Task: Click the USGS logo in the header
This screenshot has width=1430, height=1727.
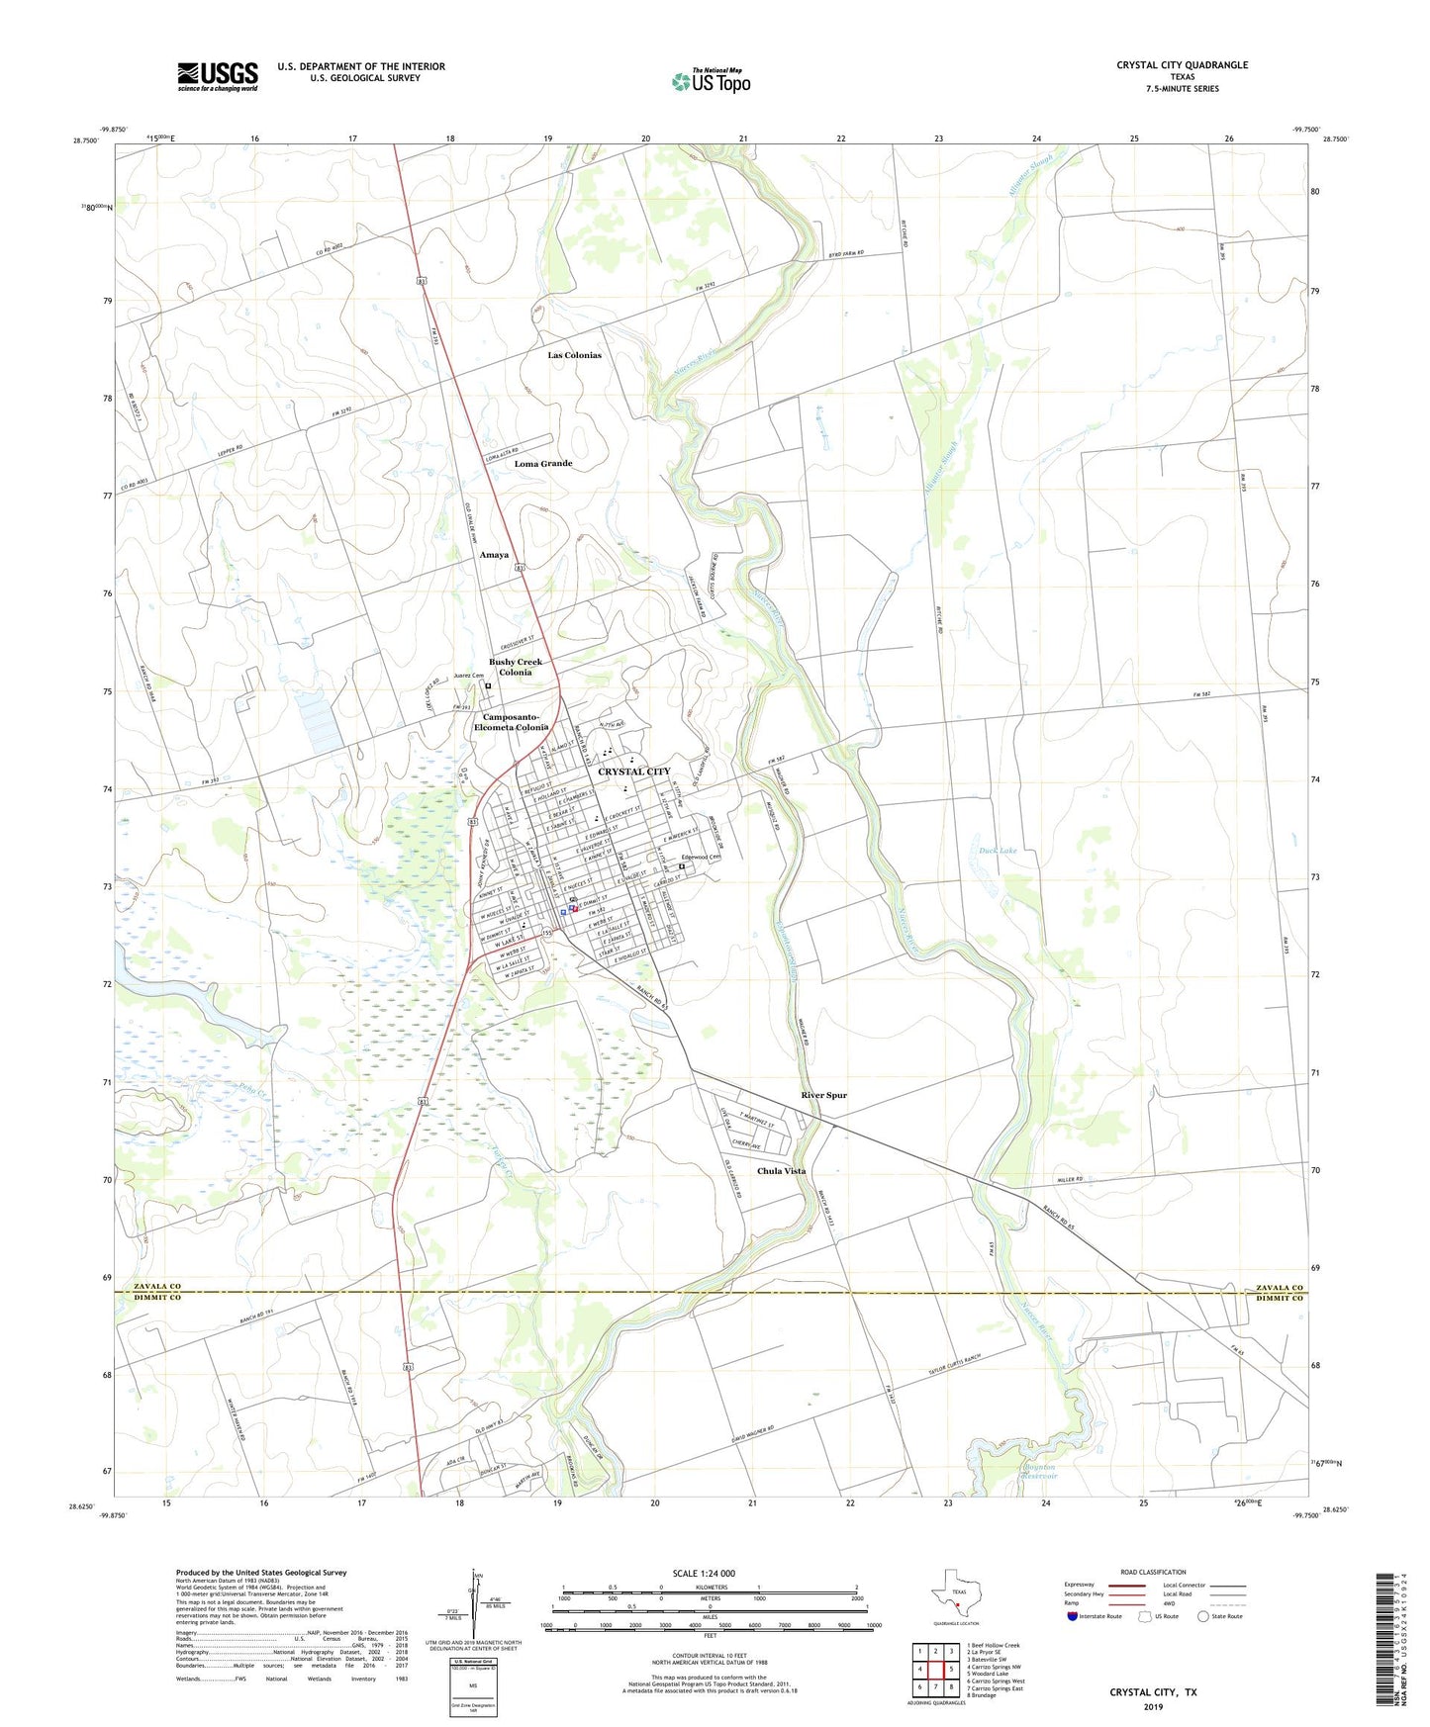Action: click(x=218, y=75)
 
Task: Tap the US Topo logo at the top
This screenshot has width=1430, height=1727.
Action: click(x=711, y=80)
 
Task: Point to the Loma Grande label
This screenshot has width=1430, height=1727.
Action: click(x=542, y=463)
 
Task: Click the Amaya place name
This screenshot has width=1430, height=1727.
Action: click(x=494, y=555)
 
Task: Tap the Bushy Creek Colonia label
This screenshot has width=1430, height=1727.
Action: click(x=516, y=667)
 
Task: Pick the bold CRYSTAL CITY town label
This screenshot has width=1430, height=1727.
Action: click(x=633, y=772)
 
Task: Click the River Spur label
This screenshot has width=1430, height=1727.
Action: click(x=823, y=1095)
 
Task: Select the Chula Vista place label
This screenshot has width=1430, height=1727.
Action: click(x=781, y=1171)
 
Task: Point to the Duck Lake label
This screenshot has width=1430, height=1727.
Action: click(x=998, y=851)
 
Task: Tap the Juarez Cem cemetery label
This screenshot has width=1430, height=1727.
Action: click(x=468, y=677)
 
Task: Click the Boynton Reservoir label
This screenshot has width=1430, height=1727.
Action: click(x=1038, y=1472)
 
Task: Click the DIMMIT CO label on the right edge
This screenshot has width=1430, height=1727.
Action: click(x=1279, y=1299)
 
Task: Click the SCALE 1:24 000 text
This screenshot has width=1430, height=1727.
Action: click(x=704, y=1574)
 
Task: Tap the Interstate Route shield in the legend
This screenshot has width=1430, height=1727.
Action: click(x=1073, y=1616)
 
